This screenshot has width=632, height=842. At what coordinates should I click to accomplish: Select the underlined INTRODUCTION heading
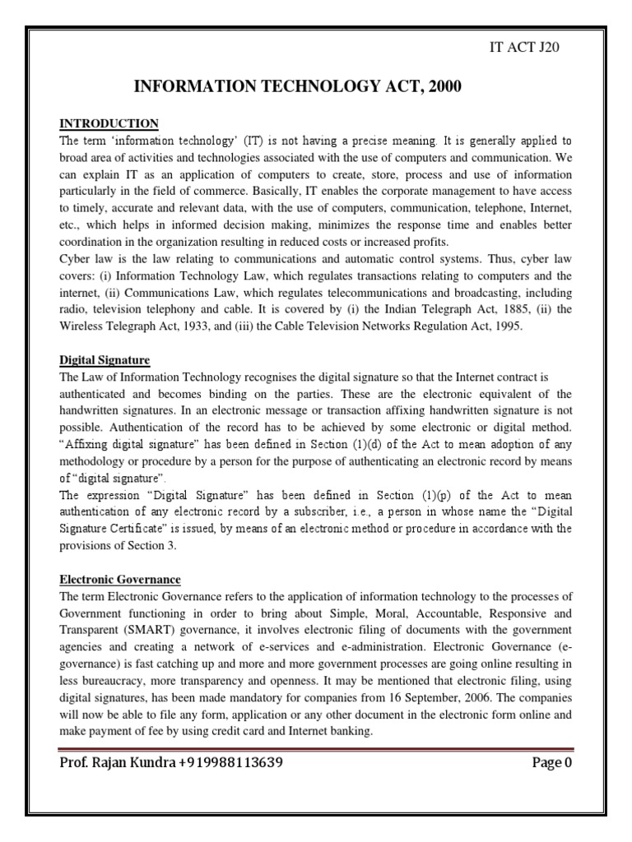coord(109,123)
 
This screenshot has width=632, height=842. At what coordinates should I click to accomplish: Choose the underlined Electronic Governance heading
coord(120,580)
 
